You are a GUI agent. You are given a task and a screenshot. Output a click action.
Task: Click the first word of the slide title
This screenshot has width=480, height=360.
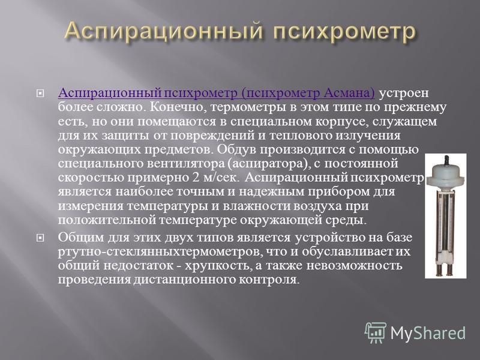pyautogui.click(x=164, y=32)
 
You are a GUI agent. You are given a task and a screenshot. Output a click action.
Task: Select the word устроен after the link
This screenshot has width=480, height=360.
pyautogui.click(x=404, y=94)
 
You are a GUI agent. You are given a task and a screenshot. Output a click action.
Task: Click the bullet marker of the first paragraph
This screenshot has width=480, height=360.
pyautogui.click(x=40, y=93)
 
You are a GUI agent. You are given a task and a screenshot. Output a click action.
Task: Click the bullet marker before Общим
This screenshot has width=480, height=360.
pyautogui.click(x=40, y=238)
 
